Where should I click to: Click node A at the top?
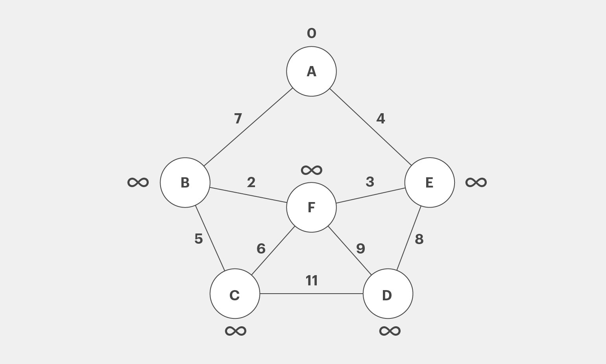[x=311, y=71]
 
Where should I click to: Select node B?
[x=185, y=183]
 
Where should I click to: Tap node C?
[x=235, y=294]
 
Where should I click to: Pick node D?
[x=388, y=294]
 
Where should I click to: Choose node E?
[x=430, y=183]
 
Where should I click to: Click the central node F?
[x=311, y=207]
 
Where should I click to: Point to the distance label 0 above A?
[x=311, y=33]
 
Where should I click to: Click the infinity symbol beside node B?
[x=138, y=182]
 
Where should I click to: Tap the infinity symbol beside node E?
[x=476, y=182]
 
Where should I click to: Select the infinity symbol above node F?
[x=311, y=170]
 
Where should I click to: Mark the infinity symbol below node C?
[x=236, y=331]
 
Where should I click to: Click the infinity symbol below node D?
[x=390, y=331]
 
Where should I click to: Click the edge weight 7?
[x=238, y=118]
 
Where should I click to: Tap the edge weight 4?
[x=381, y=118]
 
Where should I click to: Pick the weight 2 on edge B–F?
[x=251, y=182]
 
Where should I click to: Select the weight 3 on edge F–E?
[x=370, y=182]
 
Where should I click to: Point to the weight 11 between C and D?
[x=311, y=281]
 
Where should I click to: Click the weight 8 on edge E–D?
[x=419, y=239]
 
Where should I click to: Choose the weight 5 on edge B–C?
[x=199, y=239]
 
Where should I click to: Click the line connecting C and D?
[x=311, y=294]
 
